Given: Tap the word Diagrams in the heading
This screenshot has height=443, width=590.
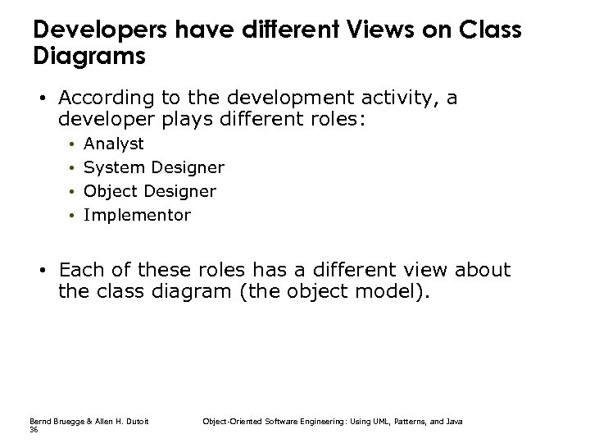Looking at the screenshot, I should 89,57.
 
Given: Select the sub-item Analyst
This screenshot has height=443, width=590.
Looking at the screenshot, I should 114,144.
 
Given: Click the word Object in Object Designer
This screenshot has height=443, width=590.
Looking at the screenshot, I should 111,192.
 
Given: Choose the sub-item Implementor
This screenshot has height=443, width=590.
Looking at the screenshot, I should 137,216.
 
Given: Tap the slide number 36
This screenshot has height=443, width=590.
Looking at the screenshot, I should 34,429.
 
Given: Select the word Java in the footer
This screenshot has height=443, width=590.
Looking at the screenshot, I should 454,421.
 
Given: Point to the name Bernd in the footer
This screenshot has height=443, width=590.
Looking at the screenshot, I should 39,421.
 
